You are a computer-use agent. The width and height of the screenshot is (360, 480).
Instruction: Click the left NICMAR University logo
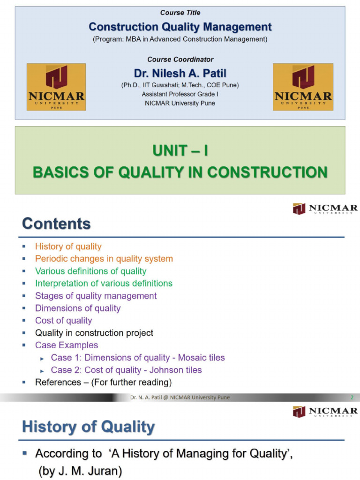(56, 87)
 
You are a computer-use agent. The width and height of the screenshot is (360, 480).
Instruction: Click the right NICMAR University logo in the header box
(303, 87)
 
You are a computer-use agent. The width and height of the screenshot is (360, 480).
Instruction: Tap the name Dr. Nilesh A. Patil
(180, 73)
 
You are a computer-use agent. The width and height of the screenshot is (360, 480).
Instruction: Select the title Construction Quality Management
(180, 27)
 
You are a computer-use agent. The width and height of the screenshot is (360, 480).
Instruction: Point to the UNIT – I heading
(180, 151)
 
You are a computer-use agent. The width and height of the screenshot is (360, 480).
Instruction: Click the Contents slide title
(56, 224)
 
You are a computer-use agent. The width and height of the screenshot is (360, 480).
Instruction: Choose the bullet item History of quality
(68, 247)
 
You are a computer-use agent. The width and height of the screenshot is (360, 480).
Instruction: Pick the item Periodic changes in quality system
(104, 259)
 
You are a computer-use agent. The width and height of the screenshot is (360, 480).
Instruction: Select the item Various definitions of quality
(90, 271)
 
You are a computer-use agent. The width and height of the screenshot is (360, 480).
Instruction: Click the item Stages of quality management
(96, 296)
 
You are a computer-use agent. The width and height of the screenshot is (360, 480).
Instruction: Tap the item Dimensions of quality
(78, 308)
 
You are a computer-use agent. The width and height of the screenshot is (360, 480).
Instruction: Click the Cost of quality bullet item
(63, 321)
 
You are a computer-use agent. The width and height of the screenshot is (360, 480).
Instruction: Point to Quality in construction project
(94, 333)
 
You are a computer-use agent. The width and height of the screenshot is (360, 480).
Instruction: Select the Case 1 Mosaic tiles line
(138, 358)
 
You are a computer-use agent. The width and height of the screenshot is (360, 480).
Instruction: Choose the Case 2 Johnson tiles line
(126, 370)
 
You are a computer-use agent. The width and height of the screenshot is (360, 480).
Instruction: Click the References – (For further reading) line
(103, 382)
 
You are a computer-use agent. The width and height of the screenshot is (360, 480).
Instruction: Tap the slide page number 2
(352, 398)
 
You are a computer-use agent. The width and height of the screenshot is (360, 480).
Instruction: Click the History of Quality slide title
(88, 427)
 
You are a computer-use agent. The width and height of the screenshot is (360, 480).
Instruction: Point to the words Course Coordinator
(180, 60)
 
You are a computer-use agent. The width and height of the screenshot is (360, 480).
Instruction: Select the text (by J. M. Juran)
(80, 471)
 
